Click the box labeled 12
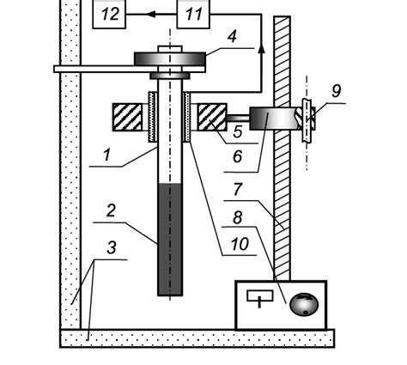pos(109,14)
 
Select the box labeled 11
pos(193,14)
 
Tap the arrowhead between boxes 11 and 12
pos(151,14)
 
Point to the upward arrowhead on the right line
pos(261,48)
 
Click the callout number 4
pos(232,36)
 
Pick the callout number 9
pos(337,91)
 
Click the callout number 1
pos(106,155)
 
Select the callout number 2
pos(111,210)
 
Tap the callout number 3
pos(112,247)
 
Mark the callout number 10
pos(240,244)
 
